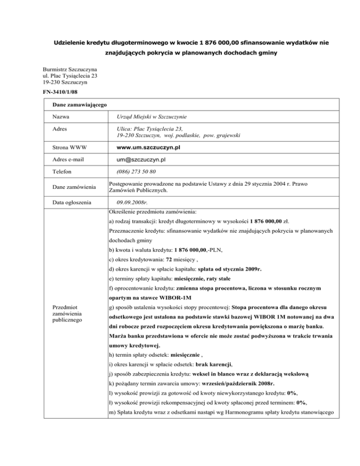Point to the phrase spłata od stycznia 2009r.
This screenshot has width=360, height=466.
tap(228, 271)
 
